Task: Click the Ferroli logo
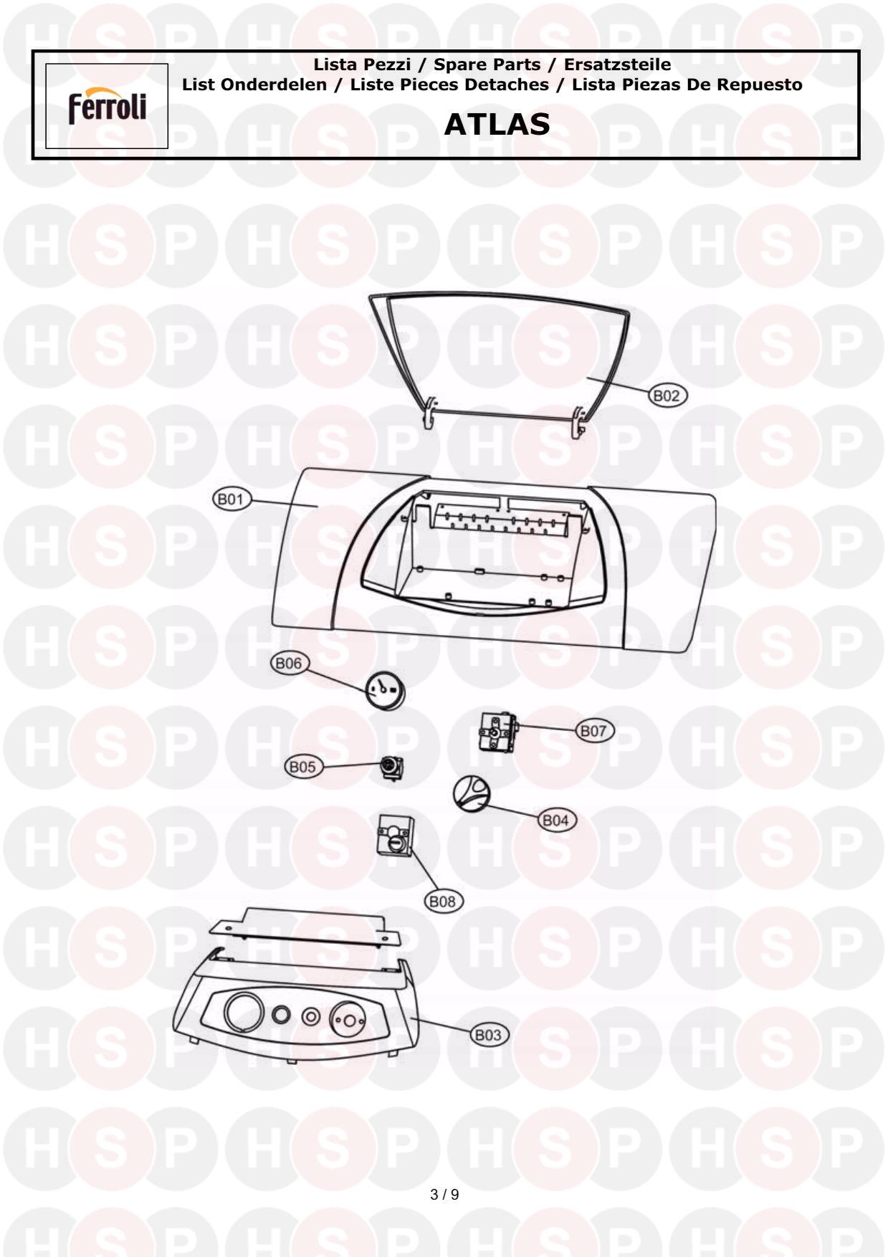(x=107, y=107)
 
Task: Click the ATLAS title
(x=497, y=125)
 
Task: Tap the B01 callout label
(x=230, y=500)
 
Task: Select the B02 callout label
(x=667, y=395)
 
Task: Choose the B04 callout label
(x=556, y=821)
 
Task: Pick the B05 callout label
(x=302, y=767)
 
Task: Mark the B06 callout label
(x=289, y=664)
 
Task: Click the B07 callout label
(x=593, y=731)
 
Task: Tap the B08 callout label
(x=443, y=902)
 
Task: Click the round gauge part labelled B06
(x=385, y=691)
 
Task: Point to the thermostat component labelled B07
(x=497, y=734)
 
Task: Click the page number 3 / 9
(x=444, y=1195)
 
